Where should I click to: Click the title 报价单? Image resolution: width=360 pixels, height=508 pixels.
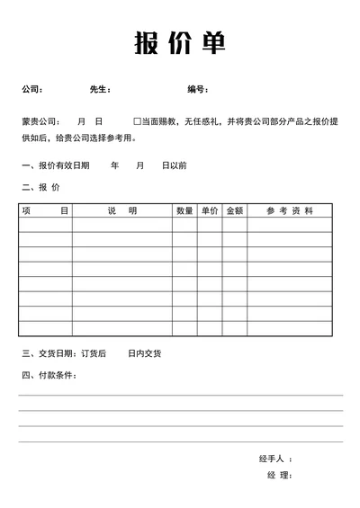(180, 43)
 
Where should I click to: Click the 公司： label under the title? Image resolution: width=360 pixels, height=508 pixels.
(31, 89)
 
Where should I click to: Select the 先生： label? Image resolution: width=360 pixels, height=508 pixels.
(100, 89)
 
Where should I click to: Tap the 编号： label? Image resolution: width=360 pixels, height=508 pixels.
(198, 89)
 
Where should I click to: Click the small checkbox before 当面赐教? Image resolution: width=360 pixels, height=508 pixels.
(137, 120)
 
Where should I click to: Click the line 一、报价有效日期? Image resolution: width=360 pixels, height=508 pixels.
(55, 165)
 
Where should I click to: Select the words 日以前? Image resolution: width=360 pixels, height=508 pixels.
(174, 165)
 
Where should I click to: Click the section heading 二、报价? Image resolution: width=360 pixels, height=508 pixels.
(40, 188)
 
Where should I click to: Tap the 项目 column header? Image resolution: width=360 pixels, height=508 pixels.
(45, 210)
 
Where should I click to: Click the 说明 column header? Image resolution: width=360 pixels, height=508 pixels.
(122, 210)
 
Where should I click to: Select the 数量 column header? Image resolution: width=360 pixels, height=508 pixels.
(184, 210)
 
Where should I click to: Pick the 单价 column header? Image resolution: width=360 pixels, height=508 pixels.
(210, 210)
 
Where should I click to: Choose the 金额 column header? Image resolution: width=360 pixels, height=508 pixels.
(234, 210)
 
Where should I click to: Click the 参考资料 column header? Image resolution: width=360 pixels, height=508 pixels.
(290, 210)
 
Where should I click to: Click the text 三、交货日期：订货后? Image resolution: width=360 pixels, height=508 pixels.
(63, 353)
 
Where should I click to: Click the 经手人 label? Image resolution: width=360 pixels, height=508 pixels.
(274, 459)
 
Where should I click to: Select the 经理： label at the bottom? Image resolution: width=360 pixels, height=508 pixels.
(279, 475)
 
